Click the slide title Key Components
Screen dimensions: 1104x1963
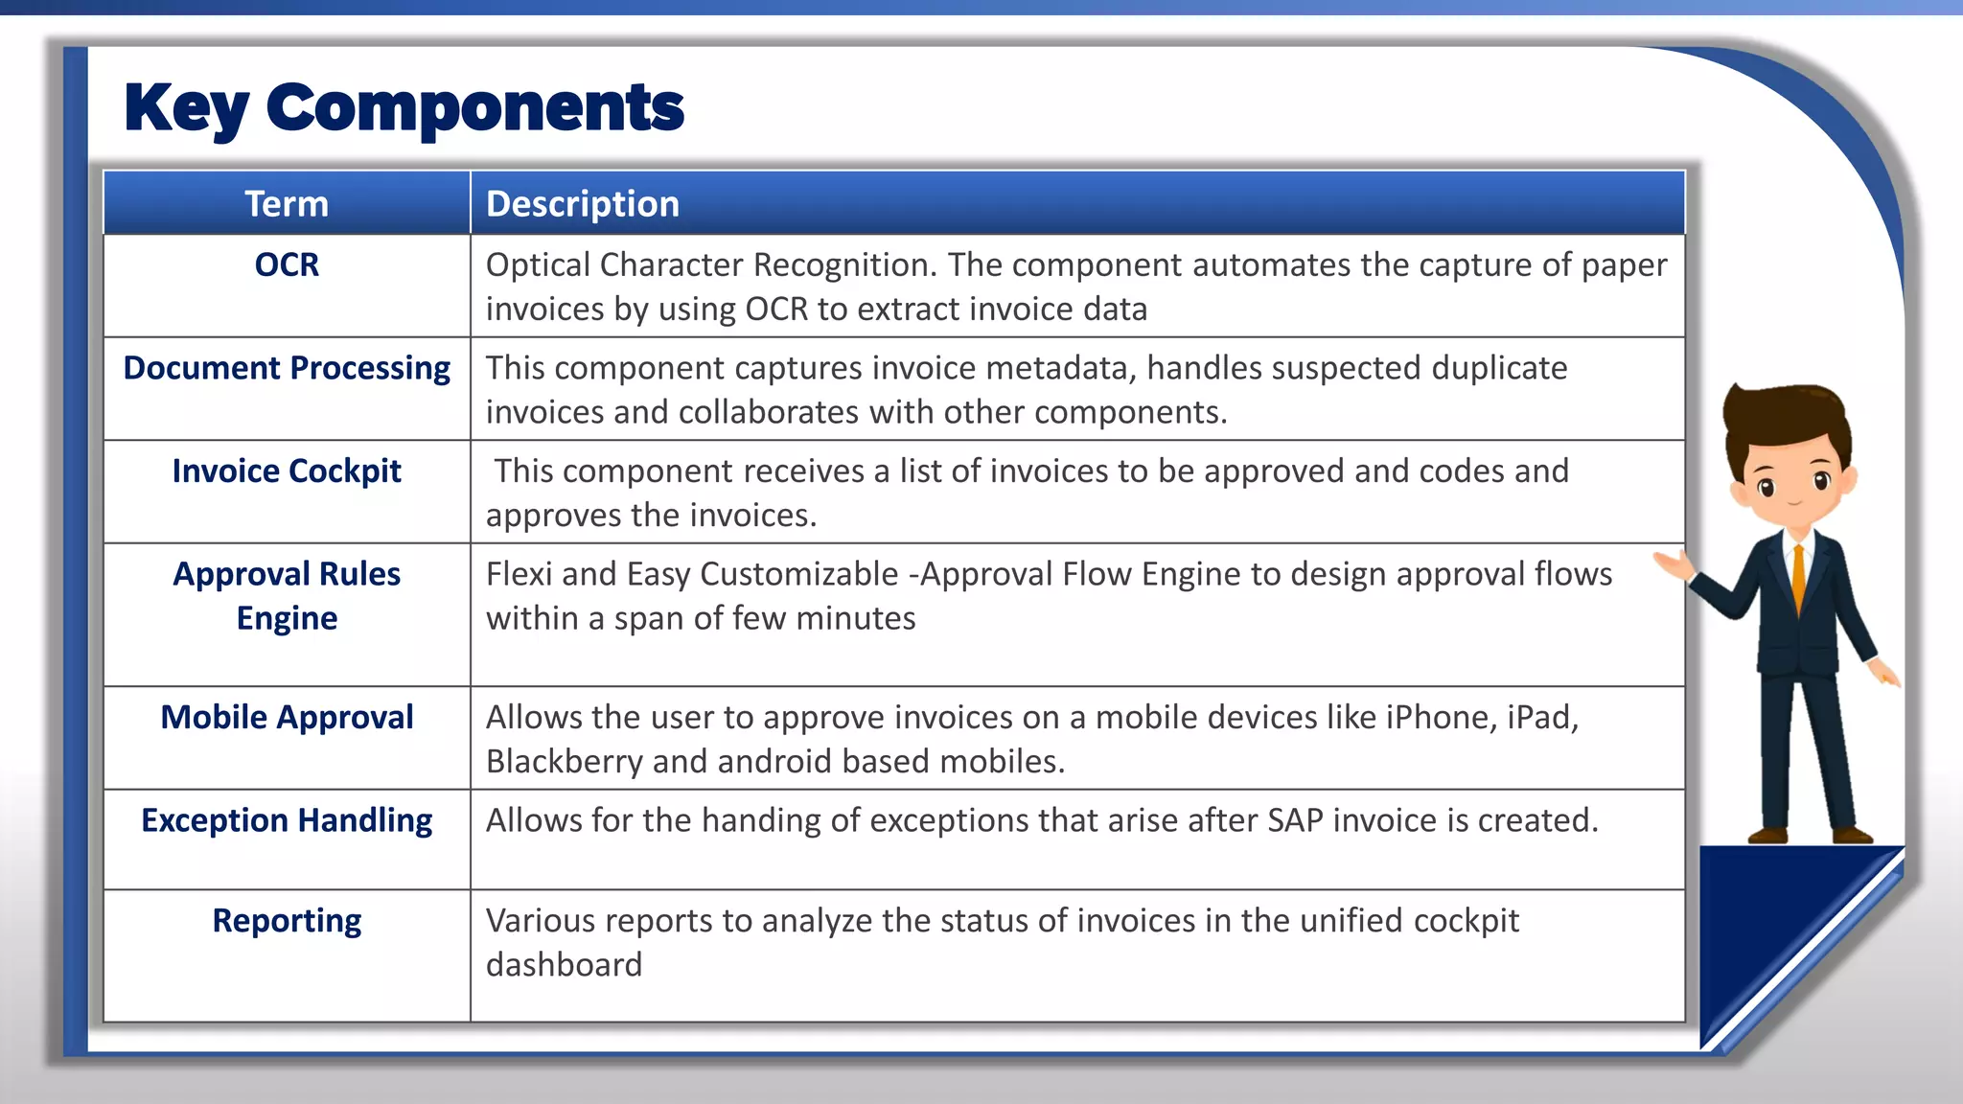pos(404,107)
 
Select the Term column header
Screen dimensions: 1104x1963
pos(287,204)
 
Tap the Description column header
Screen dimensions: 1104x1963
pos(583,204)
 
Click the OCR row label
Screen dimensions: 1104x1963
pos(287,264)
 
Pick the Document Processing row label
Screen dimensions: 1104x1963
pos(287,368)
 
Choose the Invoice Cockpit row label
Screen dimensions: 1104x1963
pos(287,471)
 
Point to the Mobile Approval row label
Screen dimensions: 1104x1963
pos(287,718)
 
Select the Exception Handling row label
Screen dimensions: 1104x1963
pos(287,821)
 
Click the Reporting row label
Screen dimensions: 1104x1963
pos(287,921)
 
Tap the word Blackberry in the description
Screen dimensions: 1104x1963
pos(564,762)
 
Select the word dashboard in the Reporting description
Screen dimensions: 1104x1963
pos(564,965)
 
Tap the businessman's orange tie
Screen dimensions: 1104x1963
pos(1798,576)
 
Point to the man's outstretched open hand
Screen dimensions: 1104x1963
pos(1674,563)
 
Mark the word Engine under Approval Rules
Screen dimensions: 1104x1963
pos(287,619)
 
